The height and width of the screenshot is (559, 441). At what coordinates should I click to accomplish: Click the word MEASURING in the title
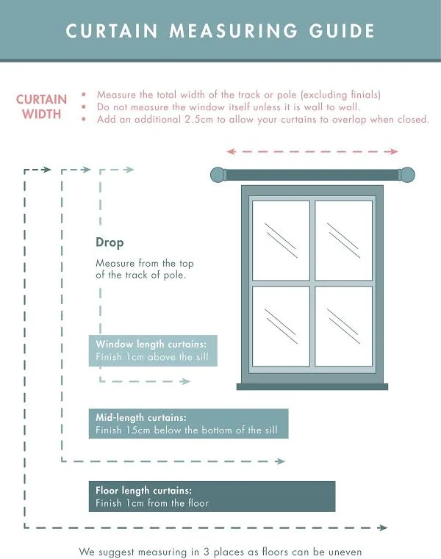(233, 31)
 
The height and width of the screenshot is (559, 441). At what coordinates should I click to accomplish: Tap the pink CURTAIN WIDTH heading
(41, 107)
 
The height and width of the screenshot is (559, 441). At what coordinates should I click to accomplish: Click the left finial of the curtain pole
(218, 175)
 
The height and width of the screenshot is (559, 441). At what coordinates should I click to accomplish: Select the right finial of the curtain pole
(406, 175)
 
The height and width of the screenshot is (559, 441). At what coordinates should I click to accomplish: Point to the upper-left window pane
(281, 240)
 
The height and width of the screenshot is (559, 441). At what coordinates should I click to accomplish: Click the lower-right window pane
(343, 326)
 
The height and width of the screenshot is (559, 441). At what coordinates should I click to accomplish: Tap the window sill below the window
(312, 386)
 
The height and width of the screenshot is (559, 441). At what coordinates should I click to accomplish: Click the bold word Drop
(110, 243)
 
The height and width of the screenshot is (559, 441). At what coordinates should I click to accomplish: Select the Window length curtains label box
(153, 350)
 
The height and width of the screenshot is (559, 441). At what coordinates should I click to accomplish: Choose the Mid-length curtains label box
(188, 424)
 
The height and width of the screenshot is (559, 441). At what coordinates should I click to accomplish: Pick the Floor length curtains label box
(212, 497)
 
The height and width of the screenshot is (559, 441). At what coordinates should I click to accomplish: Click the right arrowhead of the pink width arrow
(393, 151)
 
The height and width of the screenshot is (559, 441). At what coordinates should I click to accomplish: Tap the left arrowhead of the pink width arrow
(232, 151)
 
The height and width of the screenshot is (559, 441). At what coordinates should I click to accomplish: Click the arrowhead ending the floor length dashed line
(383, 527)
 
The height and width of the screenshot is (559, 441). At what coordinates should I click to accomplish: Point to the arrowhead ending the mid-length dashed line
(281, 461)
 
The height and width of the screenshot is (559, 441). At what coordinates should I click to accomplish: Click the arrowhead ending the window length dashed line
(185, 381)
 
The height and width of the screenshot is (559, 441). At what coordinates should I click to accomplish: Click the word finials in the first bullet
(365, 95)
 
